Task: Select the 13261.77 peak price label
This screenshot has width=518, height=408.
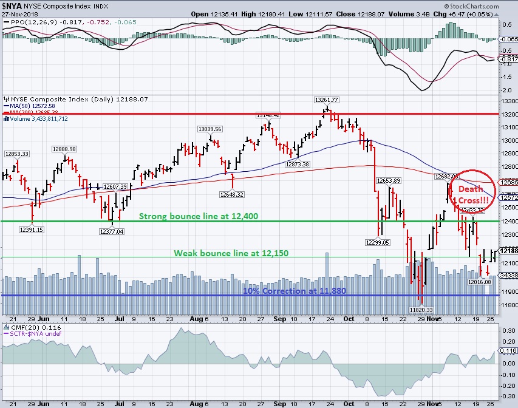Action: (326, 100)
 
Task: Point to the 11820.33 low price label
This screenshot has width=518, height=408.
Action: (420, 309)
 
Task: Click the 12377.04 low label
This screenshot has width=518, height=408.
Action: (111, 231)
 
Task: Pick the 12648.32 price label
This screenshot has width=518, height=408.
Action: (232, 194)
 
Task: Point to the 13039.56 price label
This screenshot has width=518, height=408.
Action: (210, 129)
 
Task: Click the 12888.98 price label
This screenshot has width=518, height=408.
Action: (64, 149)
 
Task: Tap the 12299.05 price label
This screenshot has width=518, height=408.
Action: (381, 242)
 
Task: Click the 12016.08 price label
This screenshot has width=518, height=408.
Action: (479, 282)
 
